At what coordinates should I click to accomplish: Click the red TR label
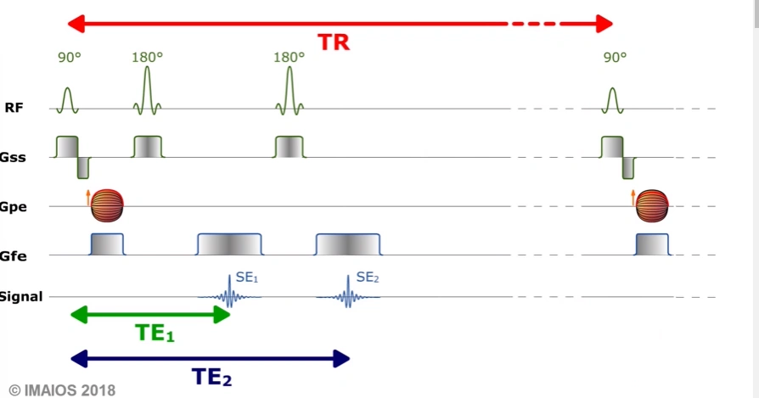point(334,42)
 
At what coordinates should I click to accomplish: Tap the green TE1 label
point(155,334)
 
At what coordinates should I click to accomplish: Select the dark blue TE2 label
point(211,377)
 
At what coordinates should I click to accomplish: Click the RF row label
point(14,108)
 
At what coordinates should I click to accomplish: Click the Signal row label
point(21,296)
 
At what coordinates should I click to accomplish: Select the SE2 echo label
point(367,277)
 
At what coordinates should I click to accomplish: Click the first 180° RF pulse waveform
point(148,92)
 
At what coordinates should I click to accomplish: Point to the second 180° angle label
point(289,57)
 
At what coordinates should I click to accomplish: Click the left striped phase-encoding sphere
point(107,205)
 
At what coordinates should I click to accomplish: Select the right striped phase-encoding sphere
point(652,205)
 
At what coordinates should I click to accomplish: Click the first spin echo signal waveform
point(228,294)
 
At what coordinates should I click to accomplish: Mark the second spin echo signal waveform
point(347,294)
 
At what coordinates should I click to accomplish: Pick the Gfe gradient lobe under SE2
point(349,244)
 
